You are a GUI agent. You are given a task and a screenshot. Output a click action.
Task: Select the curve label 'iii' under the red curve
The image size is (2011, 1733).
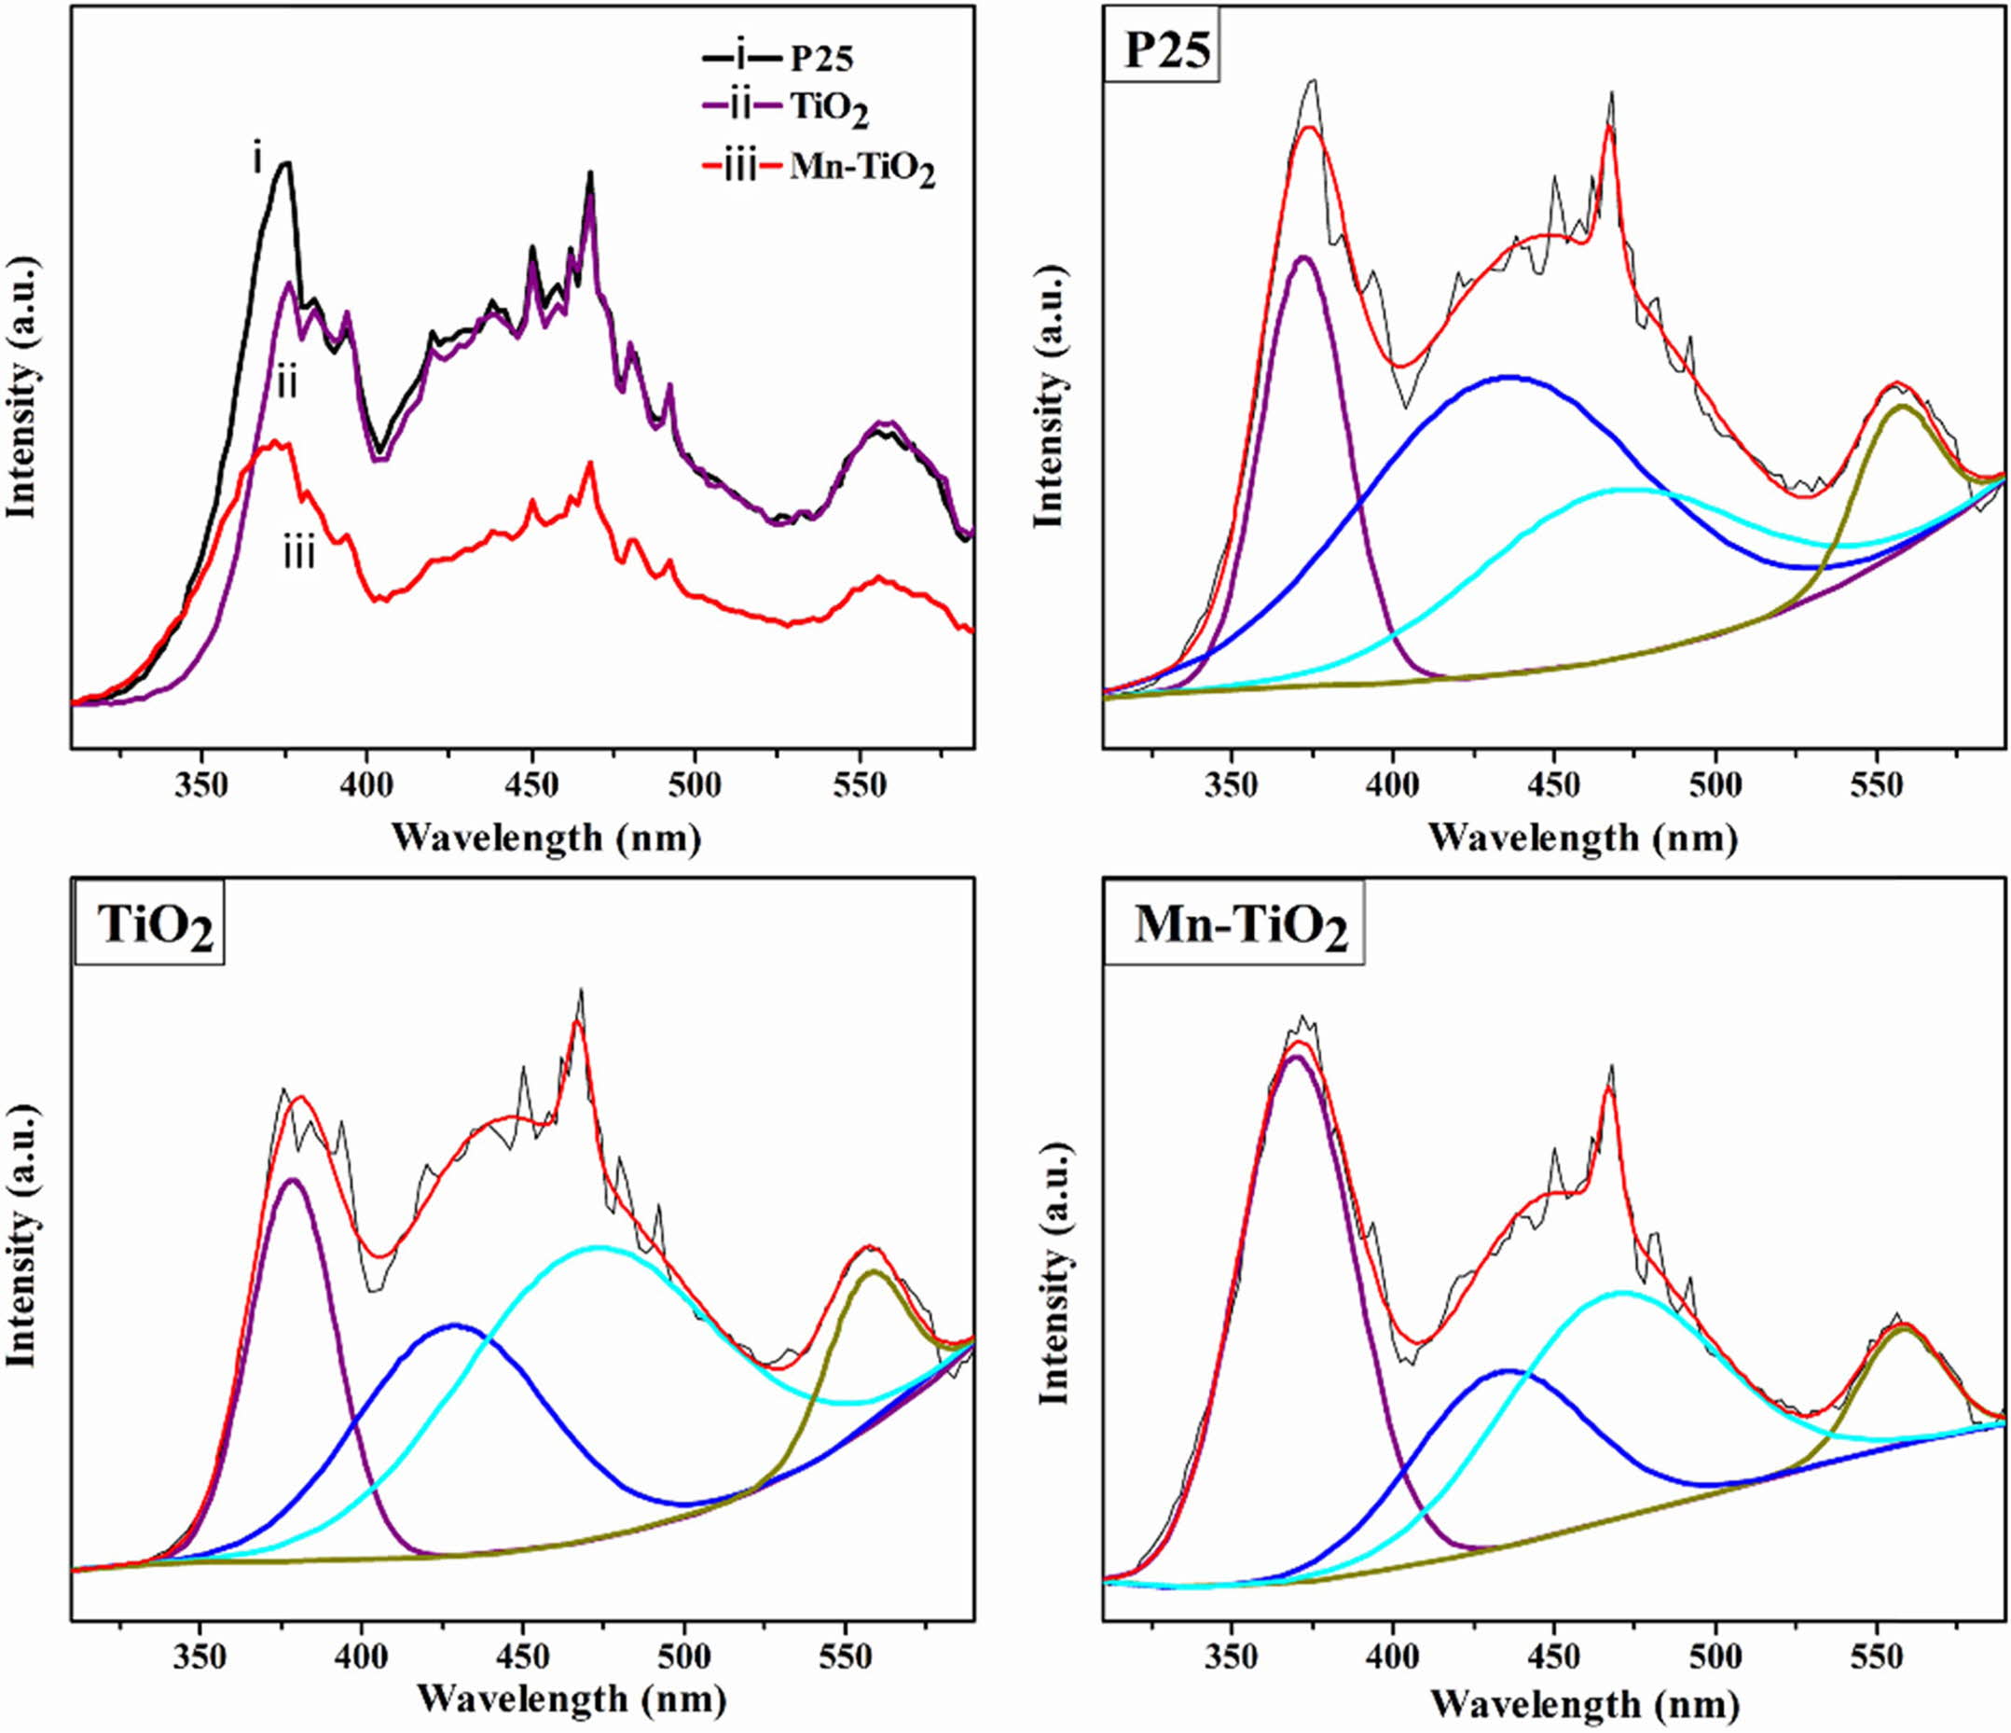[299, 554]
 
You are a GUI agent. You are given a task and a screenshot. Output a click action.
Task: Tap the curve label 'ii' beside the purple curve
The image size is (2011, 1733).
[286, 384]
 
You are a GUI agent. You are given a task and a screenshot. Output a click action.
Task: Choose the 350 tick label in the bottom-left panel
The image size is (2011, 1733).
[200, 1657]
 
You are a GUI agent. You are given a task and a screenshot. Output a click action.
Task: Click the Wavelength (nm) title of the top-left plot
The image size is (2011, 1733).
[546, 837]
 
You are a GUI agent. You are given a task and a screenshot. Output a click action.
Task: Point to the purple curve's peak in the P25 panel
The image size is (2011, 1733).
[1303, 257]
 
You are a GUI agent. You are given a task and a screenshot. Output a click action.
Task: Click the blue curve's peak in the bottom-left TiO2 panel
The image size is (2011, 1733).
[453, 1324]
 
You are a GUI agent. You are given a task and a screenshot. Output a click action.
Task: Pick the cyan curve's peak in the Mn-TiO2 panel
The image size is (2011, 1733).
[1621, 1292]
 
